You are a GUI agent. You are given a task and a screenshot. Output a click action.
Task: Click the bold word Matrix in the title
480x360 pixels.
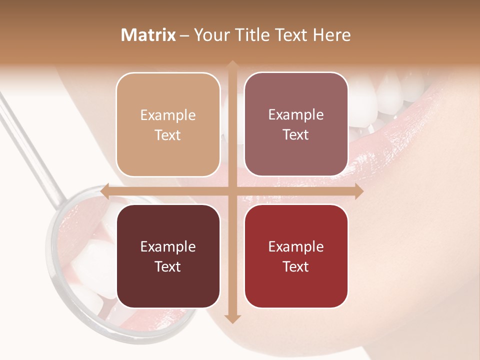click(148, 35)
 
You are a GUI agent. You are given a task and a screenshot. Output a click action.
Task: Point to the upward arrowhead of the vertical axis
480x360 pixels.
click(232, 65)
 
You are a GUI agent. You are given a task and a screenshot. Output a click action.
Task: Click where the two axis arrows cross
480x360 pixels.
click(232, 191)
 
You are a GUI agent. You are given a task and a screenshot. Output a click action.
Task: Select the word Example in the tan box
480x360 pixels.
click(168, 115)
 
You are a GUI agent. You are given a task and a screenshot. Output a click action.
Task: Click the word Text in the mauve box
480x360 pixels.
click(296, 135)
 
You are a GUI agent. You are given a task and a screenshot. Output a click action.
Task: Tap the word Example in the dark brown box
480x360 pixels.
click(168, 246)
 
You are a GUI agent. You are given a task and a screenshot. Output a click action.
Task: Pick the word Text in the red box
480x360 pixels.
click(296, 266)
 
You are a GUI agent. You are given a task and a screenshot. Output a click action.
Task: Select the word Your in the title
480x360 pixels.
click(209, 35)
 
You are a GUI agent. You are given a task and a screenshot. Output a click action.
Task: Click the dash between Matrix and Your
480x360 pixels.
click(184, 35)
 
